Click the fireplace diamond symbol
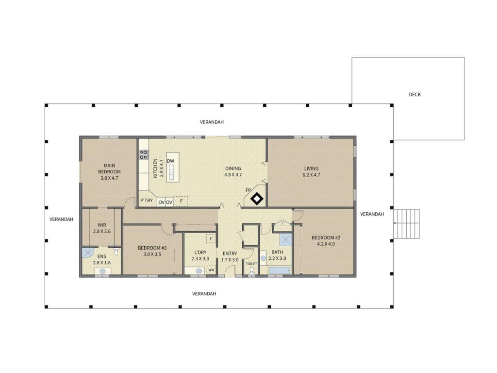(257, 199)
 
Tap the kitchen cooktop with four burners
(144, 154)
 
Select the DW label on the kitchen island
(170, 161)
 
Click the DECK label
(414, 94)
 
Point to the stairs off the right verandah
(406, 223)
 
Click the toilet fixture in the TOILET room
(252, 271)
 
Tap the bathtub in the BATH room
(279, 271)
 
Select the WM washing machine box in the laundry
(211, 270)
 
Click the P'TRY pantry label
(147, 201)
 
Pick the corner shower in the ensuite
(86, 253)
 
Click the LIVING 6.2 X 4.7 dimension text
(311, 175)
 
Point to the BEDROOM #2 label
(326, 237)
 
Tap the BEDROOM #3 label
(152, 248)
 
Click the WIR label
(102, 225)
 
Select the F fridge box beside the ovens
(181, 202)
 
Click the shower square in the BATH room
(285, 240)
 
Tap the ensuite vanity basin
(102, 271)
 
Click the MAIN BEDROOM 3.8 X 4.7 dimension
(109, 178)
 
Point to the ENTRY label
(230, 254)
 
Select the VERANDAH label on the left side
(61, 219)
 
